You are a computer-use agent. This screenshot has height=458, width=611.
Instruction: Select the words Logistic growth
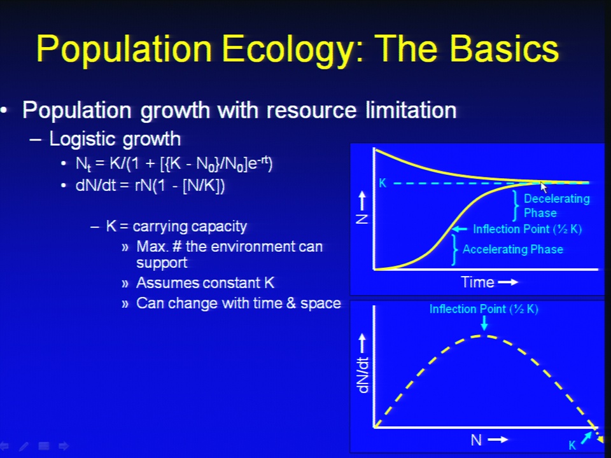(115, 139)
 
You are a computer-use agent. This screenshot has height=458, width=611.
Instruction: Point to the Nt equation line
(174, 163)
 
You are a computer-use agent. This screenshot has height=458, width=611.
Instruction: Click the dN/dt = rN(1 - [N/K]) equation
(150, 185)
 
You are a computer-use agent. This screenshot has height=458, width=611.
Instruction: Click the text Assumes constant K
(206, 282)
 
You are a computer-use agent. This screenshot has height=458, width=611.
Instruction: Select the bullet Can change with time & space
(239, 303)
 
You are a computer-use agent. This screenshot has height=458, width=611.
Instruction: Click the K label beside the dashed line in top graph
(383, 183)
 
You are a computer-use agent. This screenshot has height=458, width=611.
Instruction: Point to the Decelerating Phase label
(556, 205)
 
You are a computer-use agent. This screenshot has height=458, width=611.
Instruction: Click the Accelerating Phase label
(513, 249)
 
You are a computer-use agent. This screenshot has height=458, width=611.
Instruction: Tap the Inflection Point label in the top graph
(527, 229)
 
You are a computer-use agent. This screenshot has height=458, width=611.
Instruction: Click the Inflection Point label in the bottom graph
(484, 309)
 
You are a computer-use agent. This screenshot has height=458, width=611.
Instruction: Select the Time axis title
(478, 282)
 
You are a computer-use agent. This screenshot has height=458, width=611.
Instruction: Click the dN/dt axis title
(363, 375)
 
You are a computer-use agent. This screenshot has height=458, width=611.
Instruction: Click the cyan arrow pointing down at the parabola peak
(484, 323)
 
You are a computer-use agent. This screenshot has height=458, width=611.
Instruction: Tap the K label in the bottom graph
(572, 445)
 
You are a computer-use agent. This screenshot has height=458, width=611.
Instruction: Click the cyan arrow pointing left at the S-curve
(460, 229)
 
